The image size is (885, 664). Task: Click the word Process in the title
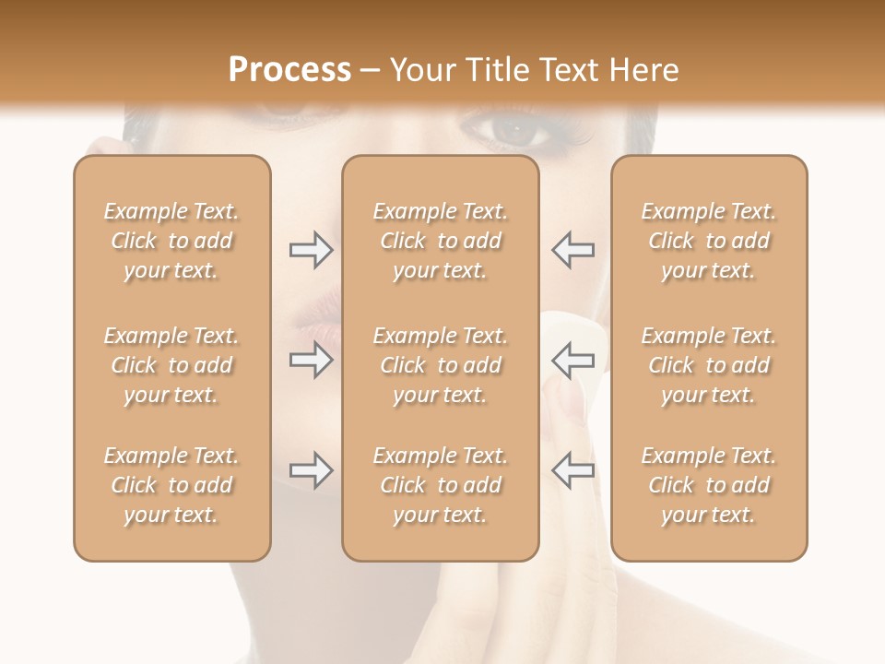coord(289,70)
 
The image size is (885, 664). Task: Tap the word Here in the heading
coord(642,70)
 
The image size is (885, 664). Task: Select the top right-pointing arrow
coord(311,250)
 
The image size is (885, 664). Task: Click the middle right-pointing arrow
coord(311,360)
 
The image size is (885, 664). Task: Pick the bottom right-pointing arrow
coord(311,470)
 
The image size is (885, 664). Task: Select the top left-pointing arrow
coord(572,250)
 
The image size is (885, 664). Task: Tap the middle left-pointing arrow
coord(572,360)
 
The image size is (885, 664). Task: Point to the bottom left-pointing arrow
coord(572,470)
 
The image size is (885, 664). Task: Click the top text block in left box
coord(171,241)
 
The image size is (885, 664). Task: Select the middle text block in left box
coord(171,365)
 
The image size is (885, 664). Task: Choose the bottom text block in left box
coord(171,485)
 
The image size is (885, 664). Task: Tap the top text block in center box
coord(440,241)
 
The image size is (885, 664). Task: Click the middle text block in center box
coord(440,365)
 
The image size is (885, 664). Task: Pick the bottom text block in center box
coord(440,485)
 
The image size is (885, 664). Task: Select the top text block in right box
coord(708,241)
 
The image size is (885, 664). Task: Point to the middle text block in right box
coord(708,365)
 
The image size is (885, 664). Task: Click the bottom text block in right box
coord(708,485)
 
